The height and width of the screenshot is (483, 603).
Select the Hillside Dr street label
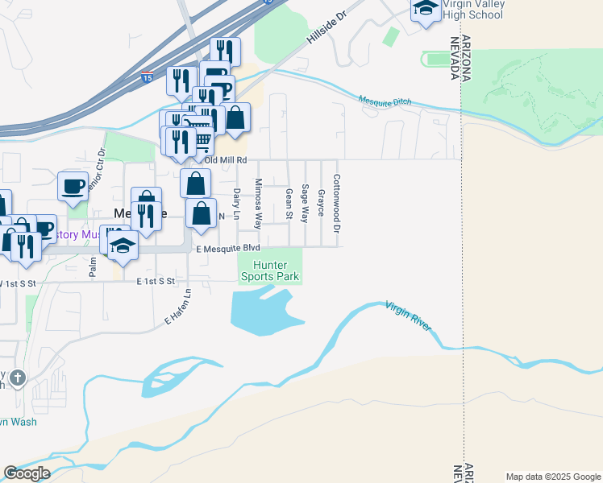[x=326, y=33]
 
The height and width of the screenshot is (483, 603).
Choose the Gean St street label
[x=289, y=204]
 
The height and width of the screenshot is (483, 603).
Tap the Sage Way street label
[x=305, y=203]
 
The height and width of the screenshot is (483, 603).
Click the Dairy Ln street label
[x=237, y=204]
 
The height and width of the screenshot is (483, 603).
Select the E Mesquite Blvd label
[x=228, y=250]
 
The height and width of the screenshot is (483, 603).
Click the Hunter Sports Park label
[x=270, y=270]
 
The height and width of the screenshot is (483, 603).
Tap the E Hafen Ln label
[x=178, y=307]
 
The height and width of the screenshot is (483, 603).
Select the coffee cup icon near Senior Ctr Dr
[x=73, y=185]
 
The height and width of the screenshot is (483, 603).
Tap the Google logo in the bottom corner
[x=27, y=473]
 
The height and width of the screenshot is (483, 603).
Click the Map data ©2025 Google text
[x=552, y=477]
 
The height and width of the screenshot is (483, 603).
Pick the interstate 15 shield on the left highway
[x=146, y=77]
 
